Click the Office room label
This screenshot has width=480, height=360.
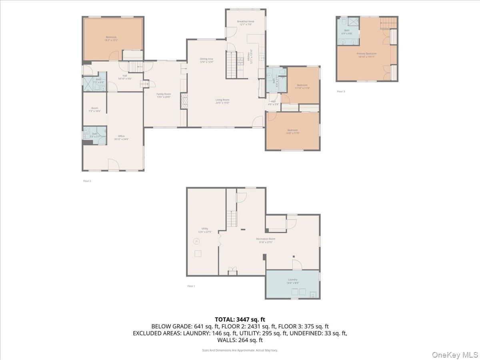pyautogui.click(x=121, y=138)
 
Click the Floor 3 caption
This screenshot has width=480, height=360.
pyautogui.click(x=340, y=92)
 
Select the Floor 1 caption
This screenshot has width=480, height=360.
pyautogui.click(x=191, y=286)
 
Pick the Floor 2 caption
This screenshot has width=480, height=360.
pyautogui.click(x=87, y=181)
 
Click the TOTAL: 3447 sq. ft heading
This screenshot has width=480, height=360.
pyautogui.click(x=240, y=319)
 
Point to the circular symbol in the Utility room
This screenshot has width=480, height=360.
pyautogui.click(x=196, y=241)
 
